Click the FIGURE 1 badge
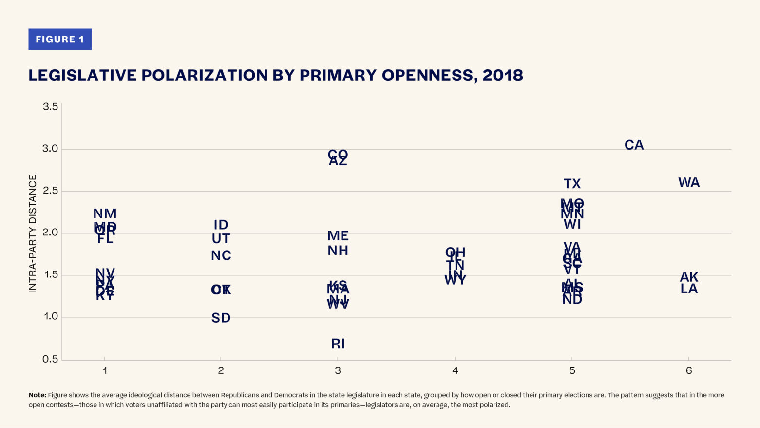pyautogui.click(x=60, y=39)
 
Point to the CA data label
pyautogui.click(x=634, y=145)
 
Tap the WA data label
pyautogui.click(x=689, y=183)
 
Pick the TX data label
pyautogui.click(x=572, y=184)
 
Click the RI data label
pyautogui.click(x=338, y=344)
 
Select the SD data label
pyautogui.click(x=221, y=318)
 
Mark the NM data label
pyautogui.click(x=105, y=214)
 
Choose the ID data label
pyautogui.click(x=221, y=225)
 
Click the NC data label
pyautogui.click(x=221, y=255)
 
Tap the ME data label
pyautogui.click(x=338, y=236)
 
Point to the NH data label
pyautogui.click(x=338, y=251)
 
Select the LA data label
pyautogui.click(x=689, y=289)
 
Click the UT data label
pyautogui.click(x=221, y=239)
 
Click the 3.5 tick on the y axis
pyautogui.click(x=50, y=106)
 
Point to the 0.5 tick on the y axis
pyautogui.click(x=50, y=359)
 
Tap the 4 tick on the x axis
pyautogui.click(x=455, y=371)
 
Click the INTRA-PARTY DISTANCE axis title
pyautogui.click(x=33, y=233)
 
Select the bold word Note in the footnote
pyautogui.click(x=37, y=395)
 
